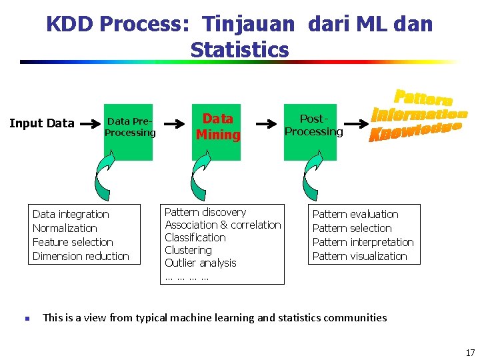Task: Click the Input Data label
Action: [41, 123]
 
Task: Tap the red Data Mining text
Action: [218, 127]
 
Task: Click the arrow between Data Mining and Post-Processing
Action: [266, 124]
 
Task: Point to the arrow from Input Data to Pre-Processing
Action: [89, 123]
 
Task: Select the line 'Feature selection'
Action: [73, 242]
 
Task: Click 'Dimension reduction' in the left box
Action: [81, 256]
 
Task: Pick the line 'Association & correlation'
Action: [223, 225]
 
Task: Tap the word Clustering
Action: [188, 250]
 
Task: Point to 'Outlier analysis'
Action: [201, 263]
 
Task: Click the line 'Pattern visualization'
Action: [359, 256]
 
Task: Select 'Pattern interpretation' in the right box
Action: [363, 242]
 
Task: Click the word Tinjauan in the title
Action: [247, 25]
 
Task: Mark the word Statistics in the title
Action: [239, 50]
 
